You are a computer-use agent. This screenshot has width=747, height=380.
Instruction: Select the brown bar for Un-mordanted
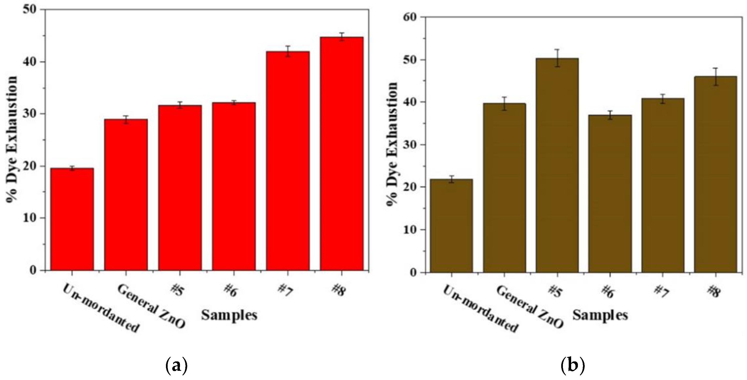451,226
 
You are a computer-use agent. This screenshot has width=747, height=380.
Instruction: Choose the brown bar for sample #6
610,194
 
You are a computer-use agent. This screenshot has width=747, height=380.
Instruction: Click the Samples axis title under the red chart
229,315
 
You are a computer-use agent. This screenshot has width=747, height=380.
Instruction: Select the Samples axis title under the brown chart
600,315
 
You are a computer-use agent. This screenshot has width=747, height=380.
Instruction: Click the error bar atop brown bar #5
557,58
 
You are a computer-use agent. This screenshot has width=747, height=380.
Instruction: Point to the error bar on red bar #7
288,51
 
